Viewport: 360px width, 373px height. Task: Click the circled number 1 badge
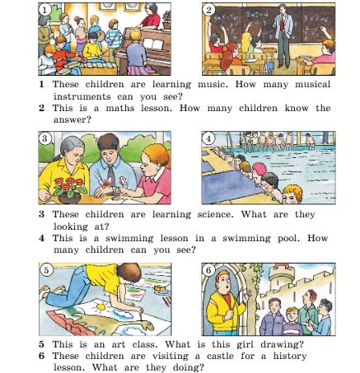click(44, 10)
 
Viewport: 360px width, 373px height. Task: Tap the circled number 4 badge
click(208, 138)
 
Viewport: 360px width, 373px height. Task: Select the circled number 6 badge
click(208, 270)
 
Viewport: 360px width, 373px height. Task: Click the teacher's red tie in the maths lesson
click(282, 23)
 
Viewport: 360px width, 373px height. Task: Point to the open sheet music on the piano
click(154, 44)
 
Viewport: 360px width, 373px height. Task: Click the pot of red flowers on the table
click(70, 190)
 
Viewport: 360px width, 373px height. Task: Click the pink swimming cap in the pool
click(259, 168)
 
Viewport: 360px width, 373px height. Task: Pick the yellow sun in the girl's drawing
click(101, 306)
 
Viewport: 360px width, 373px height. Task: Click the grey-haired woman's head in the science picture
click(72, 150)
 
